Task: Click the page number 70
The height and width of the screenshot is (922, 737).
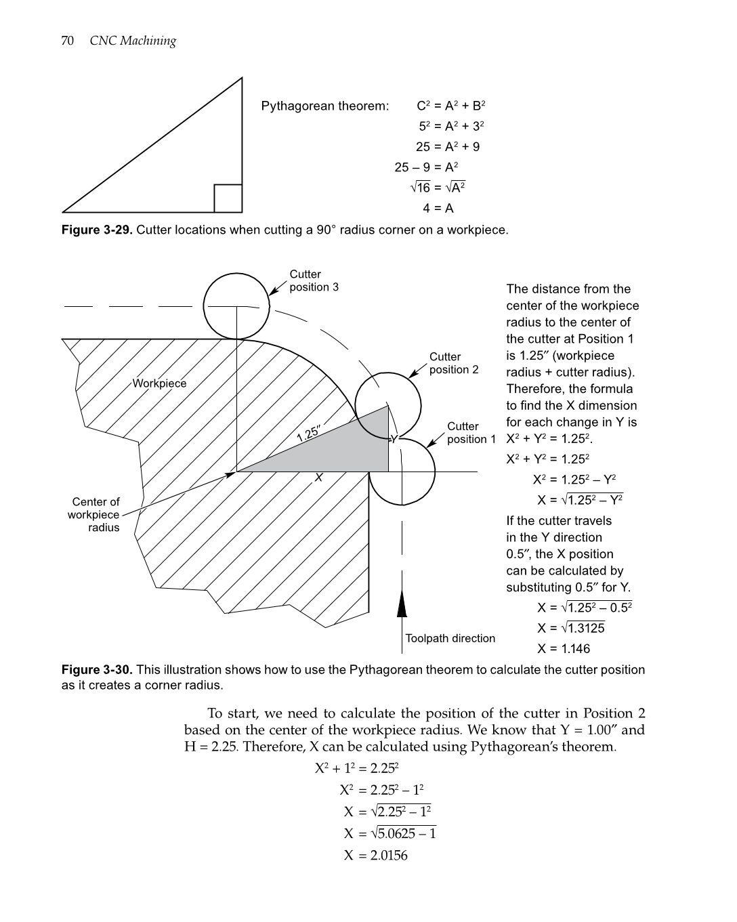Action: (67, 41)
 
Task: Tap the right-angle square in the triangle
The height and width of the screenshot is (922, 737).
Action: (228, 198)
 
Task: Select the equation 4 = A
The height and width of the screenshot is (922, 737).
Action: (438, 208)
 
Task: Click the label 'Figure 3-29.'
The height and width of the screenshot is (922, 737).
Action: (97, 230)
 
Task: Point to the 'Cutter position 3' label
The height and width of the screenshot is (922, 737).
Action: (314, 280)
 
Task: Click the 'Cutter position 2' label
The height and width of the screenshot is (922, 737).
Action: (453, 363)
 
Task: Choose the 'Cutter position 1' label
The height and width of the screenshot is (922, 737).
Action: (471, 433)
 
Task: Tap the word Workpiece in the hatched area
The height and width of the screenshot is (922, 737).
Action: (159, 383)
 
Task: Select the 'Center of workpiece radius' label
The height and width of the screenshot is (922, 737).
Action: (96, 515)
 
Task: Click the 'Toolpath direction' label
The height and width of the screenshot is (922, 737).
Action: (450, 638)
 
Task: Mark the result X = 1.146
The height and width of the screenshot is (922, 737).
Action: (564, 649)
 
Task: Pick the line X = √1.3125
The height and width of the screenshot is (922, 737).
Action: (571, 628)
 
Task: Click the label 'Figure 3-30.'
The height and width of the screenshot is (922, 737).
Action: (97, 670)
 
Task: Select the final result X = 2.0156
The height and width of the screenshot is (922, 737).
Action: (375, 856)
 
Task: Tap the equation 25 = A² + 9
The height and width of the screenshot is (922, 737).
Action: (448, 147)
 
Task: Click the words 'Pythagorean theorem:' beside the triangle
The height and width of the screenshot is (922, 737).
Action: (325, 106)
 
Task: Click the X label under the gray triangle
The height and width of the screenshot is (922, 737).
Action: (318, 478)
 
